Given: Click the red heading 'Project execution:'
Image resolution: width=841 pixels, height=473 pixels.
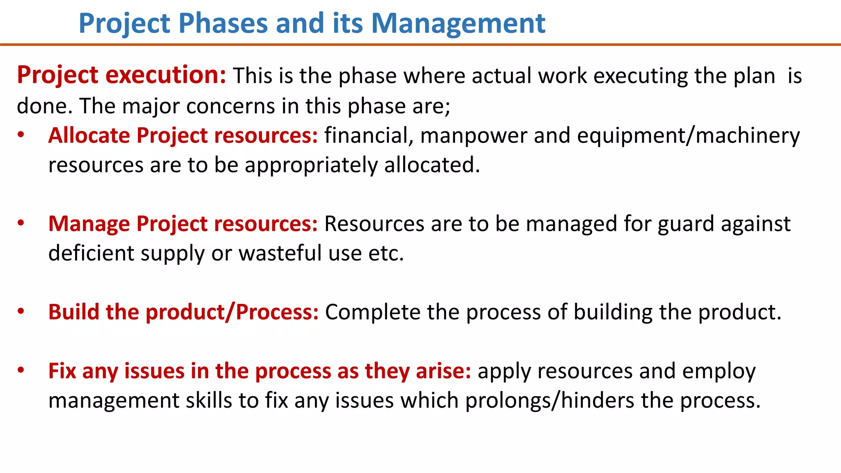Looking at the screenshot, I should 122,75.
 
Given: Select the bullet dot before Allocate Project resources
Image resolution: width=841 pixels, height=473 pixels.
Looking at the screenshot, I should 21,135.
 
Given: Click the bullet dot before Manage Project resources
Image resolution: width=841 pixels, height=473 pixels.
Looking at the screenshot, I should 21,223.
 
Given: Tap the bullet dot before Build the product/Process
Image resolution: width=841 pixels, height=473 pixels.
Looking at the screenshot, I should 21,312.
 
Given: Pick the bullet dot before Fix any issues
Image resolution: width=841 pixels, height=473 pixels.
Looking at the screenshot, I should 21,371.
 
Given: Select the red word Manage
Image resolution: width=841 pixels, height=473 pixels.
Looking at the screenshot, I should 89,224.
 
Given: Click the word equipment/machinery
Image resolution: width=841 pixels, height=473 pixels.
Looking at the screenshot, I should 688,135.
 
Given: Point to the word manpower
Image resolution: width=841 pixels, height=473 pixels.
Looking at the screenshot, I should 473,135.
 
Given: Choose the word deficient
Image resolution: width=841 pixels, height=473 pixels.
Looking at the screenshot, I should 91,253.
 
